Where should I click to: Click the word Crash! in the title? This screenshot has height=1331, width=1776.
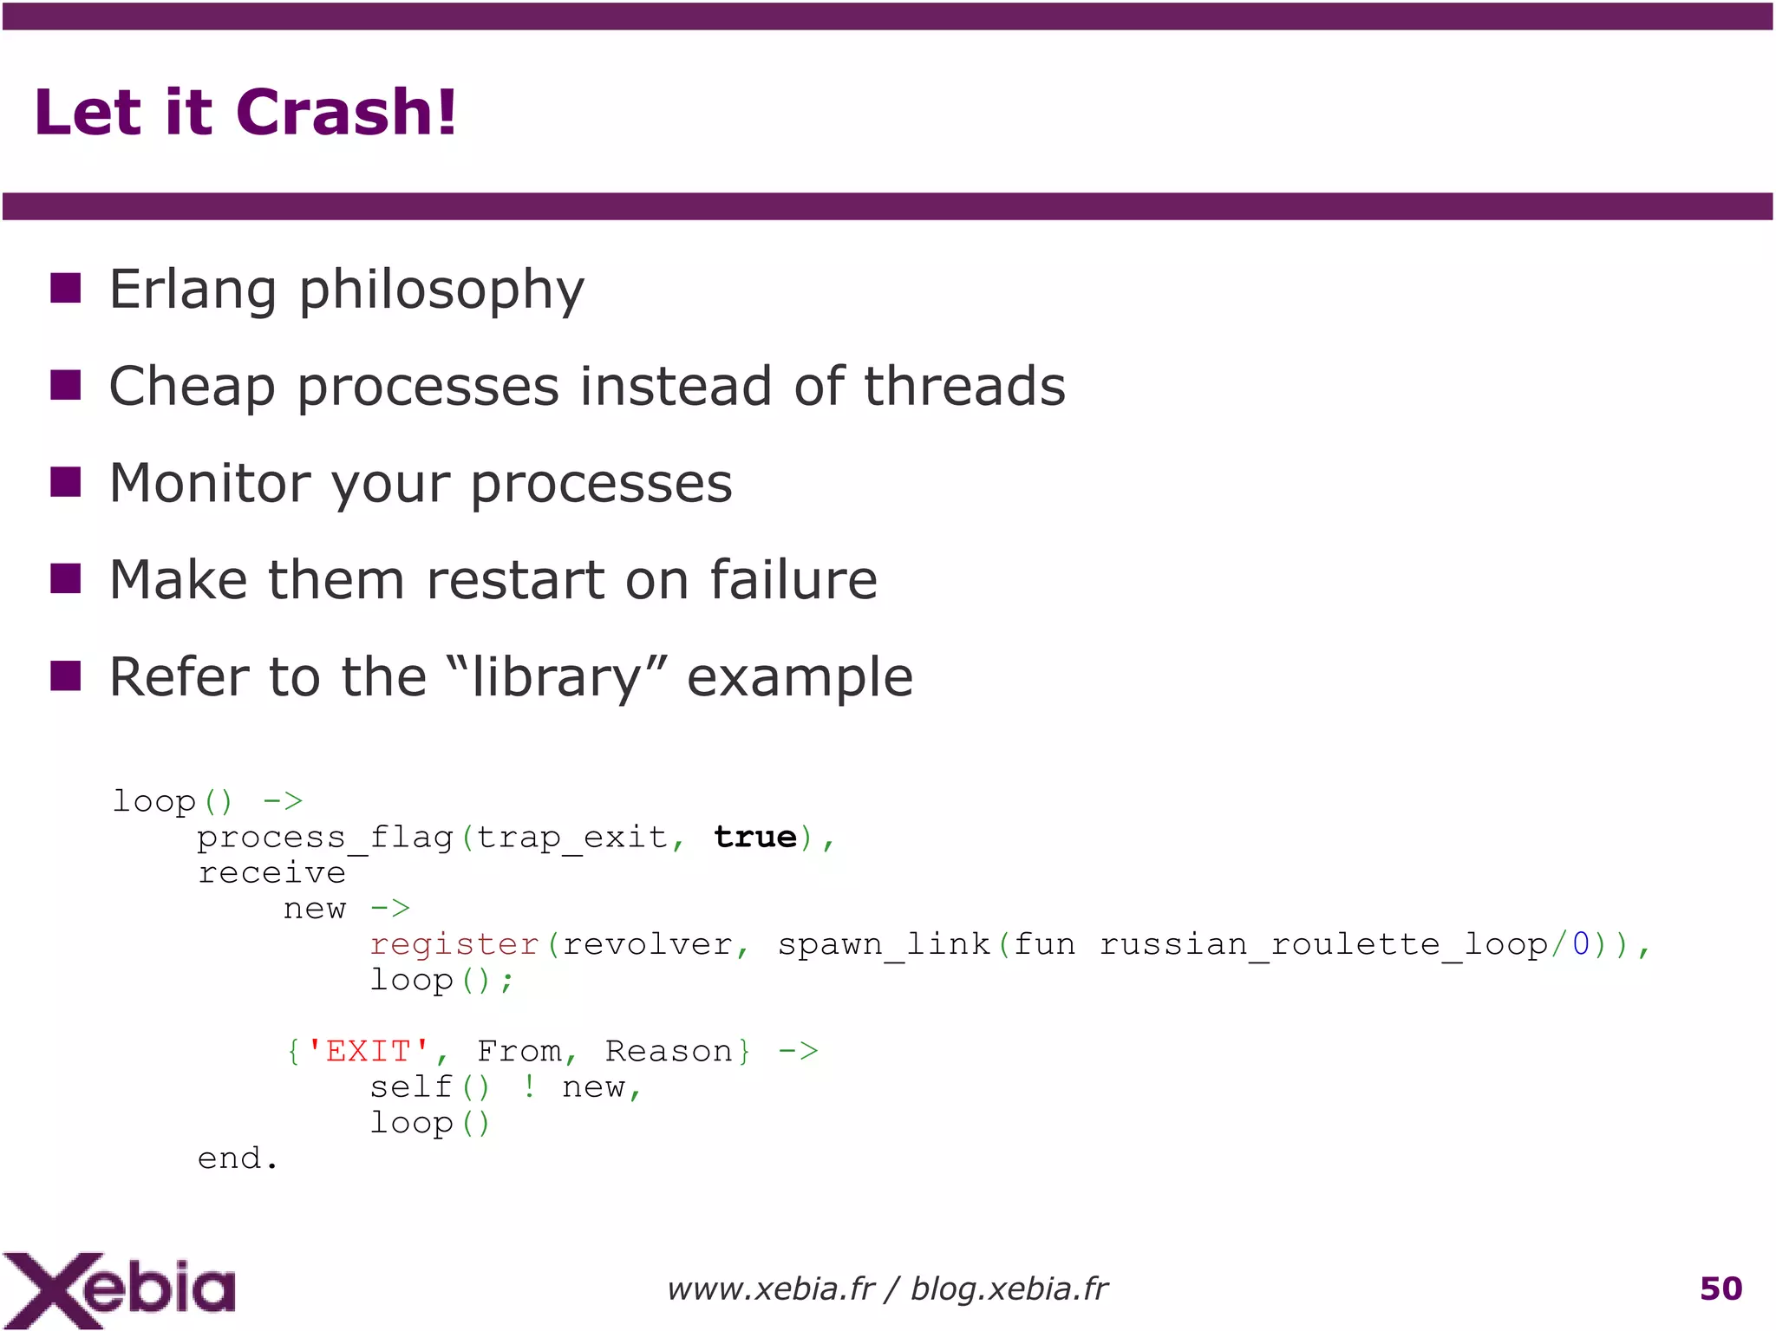coord(345,113)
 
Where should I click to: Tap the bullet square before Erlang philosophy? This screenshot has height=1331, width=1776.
coord(66,288)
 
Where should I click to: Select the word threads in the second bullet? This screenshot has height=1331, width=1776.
coord(964,386)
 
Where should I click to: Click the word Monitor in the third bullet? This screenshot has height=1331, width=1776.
coord(209,483)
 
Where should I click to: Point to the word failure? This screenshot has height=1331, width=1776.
coord(793,579)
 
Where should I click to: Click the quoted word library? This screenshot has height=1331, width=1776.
coord(556,677)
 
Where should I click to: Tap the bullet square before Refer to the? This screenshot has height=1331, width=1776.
coord(66,675)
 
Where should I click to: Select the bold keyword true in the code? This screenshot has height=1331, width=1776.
coord(754,838)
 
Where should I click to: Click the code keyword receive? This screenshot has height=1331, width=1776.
coord(271,873)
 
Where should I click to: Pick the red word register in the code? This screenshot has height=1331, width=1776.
coord(454,944)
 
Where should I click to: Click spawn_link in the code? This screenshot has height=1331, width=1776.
coord(883,944)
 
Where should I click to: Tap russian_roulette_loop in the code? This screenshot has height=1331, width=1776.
coord(1323,944)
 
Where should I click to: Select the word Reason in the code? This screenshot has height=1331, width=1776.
coord(669,1052)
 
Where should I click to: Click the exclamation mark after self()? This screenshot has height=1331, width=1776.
coord(529,1087)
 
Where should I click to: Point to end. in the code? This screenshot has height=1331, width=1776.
coord(237,1159)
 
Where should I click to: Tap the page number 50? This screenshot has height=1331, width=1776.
coord(1720,1289)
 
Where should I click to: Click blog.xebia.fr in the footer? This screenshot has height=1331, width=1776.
coord(1009,1289)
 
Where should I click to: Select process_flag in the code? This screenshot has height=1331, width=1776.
coord(325,838)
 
